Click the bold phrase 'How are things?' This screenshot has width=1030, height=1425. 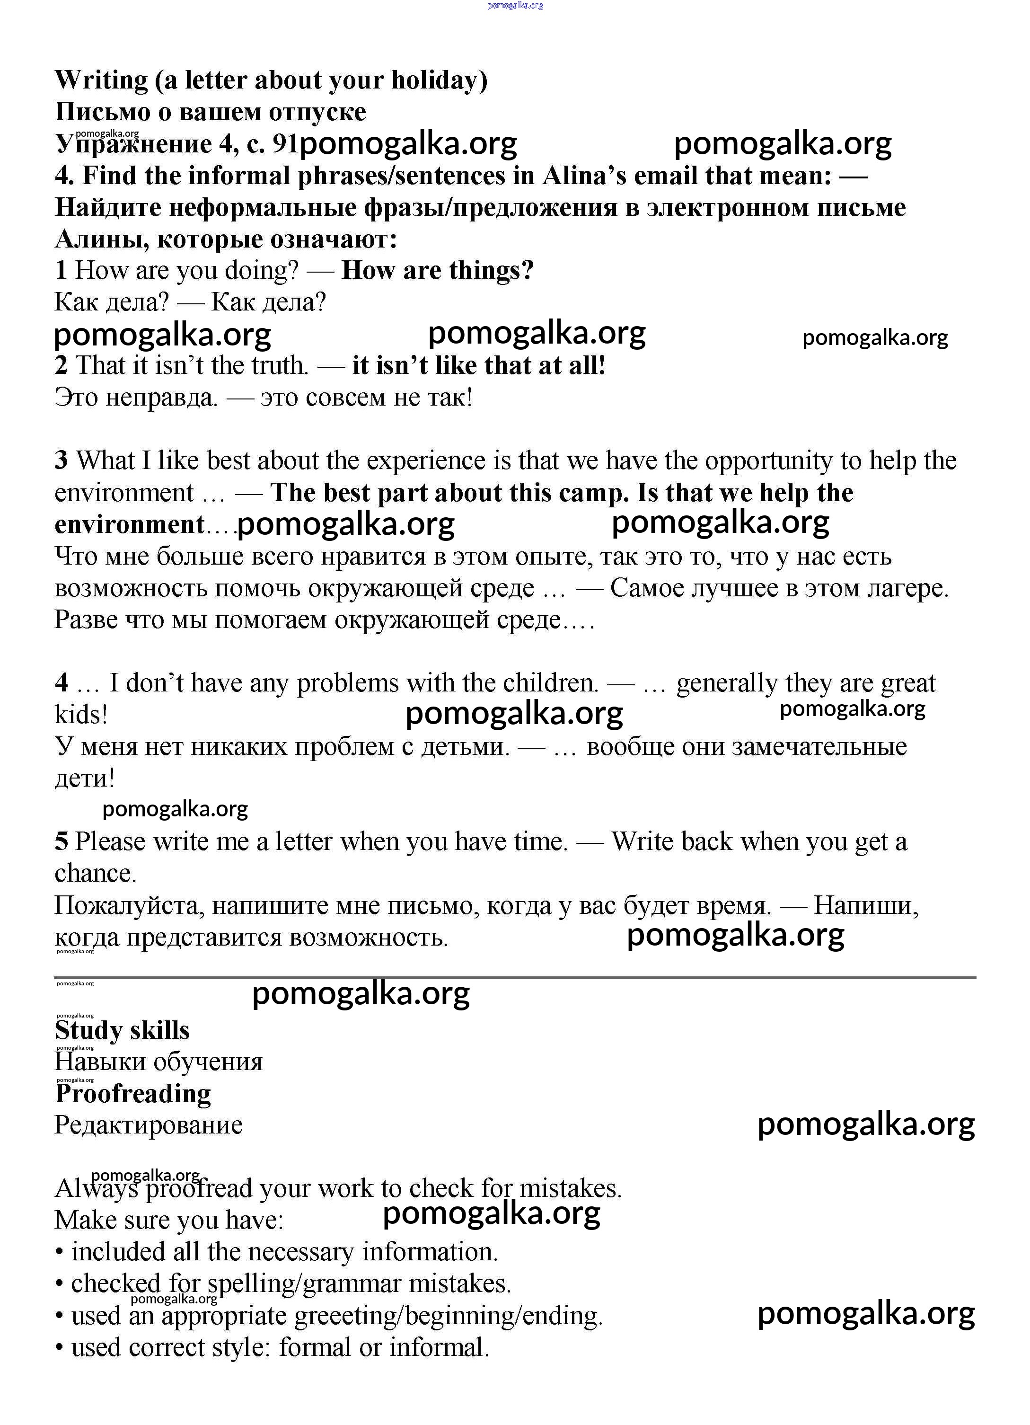[437, 270]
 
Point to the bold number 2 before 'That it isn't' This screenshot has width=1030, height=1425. [61, 365]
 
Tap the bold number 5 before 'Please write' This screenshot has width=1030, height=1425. [61, 841]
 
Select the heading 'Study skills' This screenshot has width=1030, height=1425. [123, 1030]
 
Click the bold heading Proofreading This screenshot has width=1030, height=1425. [133, 1093]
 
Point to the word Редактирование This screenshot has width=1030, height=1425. [149, 1124]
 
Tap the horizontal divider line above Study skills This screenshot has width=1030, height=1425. [515, 978]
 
